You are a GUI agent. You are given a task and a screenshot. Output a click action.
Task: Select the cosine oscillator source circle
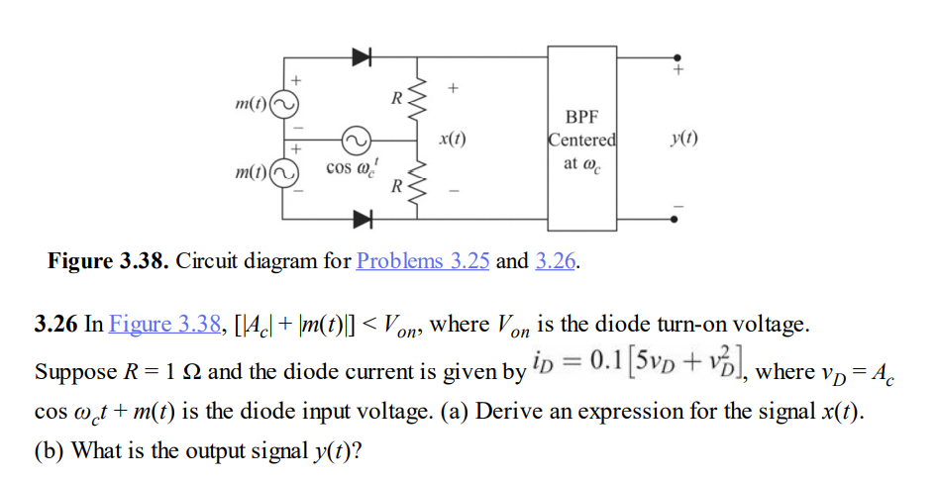[355, 139]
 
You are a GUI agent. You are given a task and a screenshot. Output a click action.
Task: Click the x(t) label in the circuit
[452, 140]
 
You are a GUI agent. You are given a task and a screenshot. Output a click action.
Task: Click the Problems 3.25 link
[423, 261]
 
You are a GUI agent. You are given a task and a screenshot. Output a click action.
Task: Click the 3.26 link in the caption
[557, 261]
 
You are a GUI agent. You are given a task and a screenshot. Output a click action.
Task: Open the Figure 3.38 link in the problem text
[164, 324]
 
